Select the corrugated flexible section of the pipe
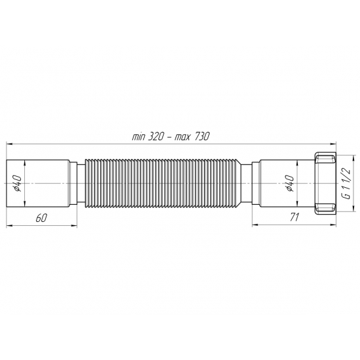click(x=164, y=183)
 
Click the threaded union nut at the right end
click(x=324, y=183)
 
